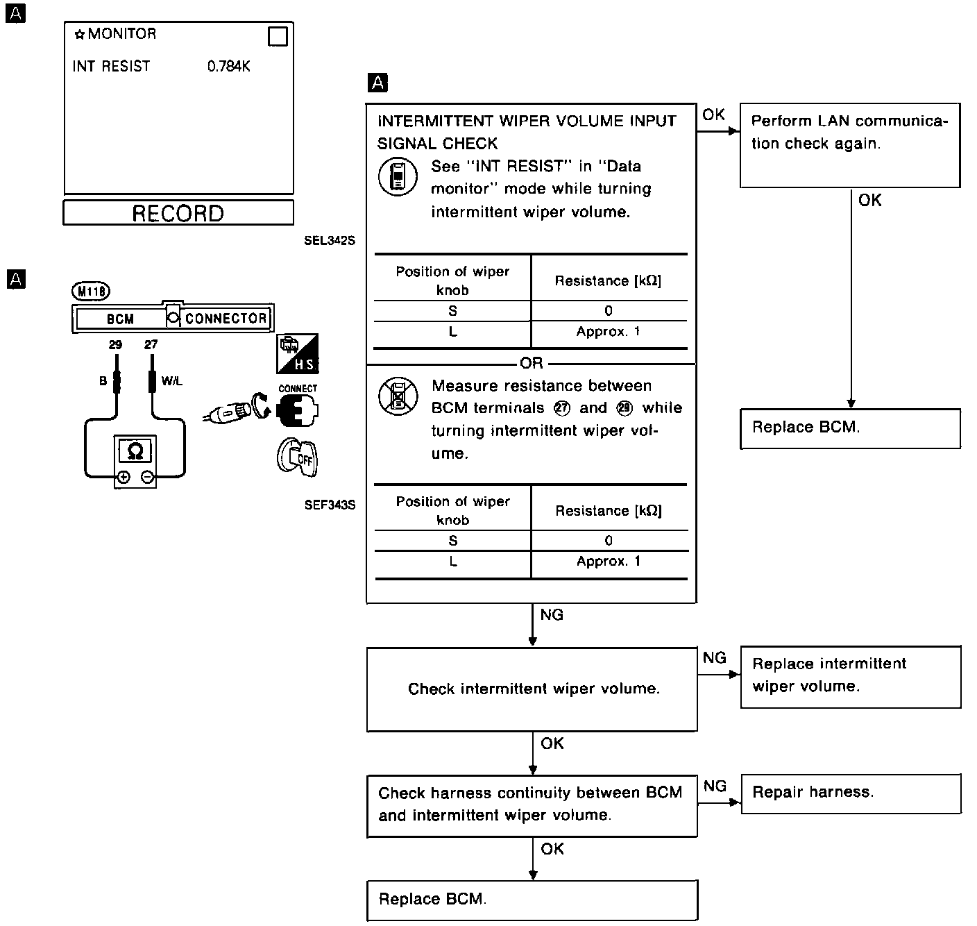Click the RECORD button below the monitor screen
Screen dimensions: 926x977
point(178,213)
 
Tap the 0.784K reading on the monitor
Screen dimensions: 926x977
point(228,67)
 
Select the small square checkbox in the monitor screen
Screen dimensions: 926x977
point(278,36)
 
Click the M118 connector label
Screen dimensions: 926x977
point(90,292)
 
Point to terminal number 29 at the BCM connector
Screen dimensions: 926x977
point(115,345)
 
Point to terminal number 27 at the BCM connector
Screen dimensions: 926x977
point(151,345)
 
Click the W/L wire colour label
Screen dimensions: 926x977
point(171,381)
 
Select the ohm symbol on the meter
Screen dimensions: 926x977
point(135,452)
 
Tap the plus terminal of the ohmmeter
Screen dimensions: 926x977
point(123,477)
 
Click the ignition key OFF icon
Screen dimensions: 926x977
point(297,457)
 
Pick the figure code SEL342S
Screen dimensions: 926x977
point(330,242)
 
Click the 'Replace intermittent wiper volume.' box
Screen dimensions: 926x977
point(850,676)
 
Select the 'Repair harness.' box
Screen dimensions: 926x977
point(850,793)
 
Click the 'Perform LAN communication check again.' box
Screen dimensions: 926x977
point(850,144)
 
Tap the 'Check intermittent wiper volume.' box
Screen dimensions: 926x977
point(532,689)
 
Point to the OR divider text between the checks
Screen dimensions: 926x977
point(532,364)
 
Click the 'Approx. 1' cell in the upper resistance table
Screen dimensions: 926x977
point(609,332)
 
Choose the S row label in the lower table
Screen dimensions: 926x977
point(453,541)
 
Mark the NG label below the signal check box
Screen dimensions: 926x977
point(552,615)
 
